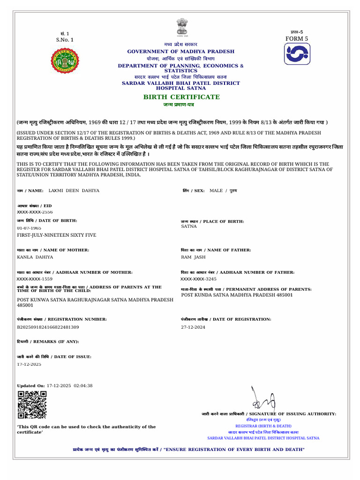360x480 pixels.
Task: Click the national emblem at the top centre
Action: [181, 27]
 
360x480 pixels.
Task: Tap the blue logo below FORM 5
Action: [297, 54]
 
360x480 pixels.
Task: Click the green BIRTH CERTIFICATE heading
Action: [181, 97]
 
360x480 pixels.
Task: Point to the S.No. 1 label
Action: [65, 40]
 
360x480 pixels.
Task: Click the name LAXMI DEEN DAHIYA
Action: [73, 191]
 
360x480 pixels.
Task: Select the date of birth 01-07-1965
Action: [29, 228]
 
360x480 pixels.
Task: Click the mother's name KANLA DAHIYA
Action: [35, 257]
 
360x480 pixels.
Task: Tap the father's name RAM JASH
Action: [193, 257]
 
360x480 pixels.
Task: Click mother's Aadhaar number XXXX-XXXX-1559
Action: [35, 279]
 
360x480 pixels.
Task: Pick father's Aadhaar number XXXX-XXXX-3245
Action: [199, 279]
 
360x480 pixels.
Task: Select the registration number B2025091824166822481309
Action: [48, 327]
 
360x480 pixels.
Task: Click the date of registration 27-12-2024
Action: [193, 327]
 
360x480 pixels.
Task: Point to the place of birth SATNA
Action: [189, 226]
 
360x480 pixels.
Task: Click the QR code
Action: [32, 405]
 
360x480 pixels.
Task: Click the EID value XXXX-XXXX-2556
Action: [35, 212]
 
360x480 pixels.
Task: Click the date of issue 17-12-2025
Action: [29, 364]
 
